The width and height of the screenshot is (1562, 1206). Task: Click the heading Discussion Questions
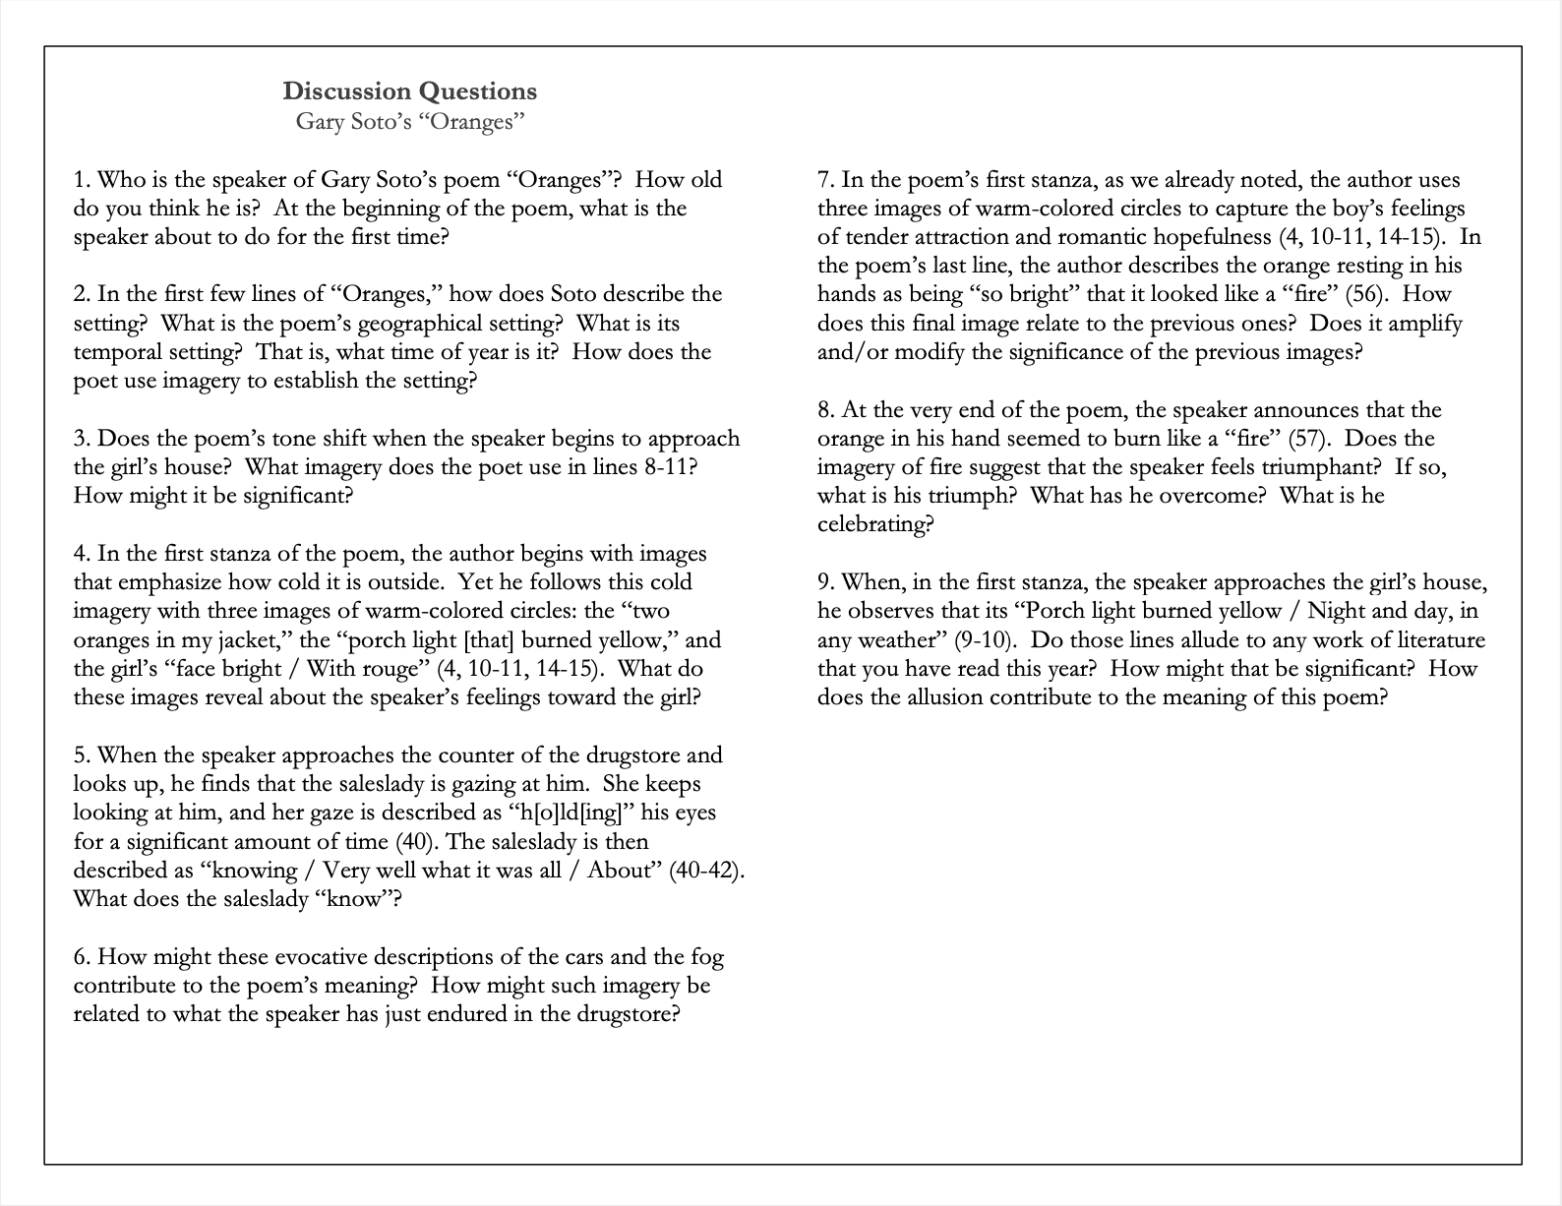point(409,91)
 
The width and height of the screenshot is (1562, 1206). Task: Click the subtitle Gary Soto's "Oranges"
point(409,122)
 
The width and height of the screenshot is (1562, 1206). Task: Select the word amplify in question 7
point(1423,324)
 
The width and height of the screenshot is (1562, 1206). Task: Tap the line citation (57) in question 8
point(1307,439)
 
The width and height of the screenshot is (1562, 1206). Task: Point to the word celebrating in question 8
point(873,524)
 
